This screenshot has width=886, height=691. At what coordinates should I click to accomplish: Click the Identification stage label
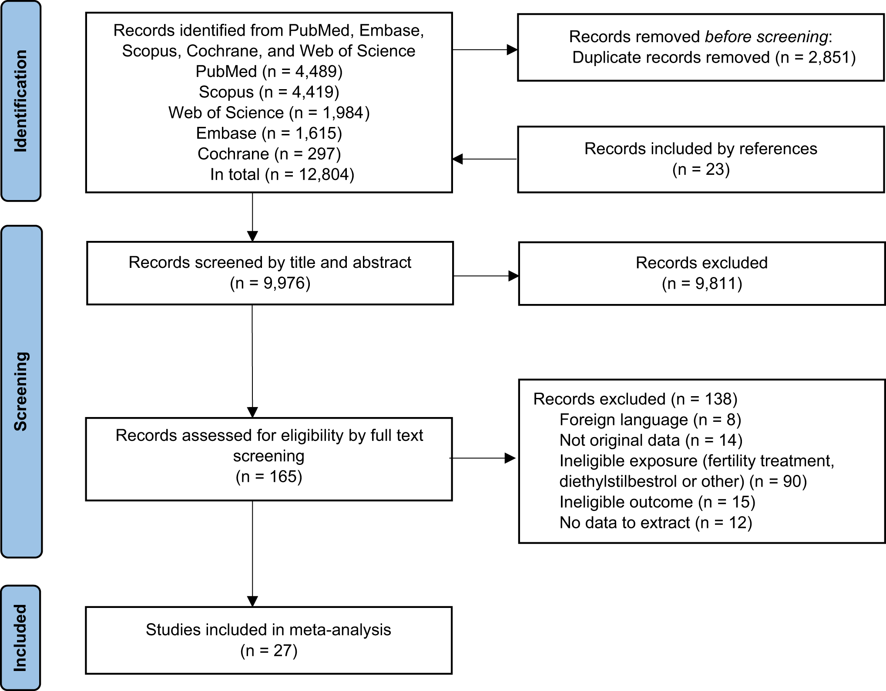point(20,101)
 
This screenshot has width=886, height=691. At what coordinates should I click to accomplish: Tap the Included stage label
point(20,638)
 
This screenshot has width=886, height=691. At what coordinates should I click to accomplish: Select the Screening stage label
point(20,391)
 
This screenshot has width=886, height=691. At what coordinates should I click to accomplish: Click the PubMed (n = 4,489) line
point(269,71)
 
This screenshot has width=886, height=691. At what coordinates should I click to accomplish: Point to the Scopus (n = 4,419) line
point(269,92)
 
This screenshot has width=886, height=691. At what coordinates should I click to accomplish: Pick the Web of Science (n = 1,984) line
point(269,113)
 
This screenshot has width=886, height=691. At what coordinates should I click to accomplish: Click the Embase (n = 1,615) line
point(269,133)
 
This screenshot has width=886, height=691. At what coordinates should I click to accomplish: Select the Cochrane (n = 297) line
point(269,154)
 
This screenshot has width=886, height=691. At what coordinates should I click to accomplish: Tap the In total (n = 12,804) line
point(282,174)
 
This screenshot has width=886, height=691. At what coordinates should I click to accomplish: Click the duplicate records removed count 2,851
point(826,57)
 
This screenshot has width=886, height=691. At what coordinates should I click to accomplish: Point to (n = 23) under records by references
point(701,169)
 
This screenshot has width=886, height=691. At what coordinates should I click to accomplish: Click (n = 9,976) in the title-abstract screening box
point(270,283)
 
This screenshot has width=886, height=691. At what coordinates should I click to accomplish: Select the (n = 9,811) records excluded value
point(701,284)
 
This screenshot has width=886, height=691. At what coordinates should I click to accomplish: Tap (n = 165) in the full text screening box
point(268,477)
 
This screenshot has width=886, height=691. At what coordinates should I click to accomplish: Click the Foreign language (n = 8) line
point(650,420)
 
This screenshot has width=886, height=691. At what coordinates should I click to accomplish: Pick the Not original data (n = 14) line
point(651,440)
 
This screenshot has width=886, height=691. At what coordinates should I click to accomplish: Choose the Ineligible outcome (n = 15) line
point(657,502)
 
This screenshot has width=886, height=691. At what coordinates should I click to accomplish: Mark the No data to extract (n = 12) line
point(655,523)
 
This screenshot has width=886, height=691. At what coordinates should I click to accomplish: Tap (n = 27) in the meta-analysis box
point(268,651)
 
